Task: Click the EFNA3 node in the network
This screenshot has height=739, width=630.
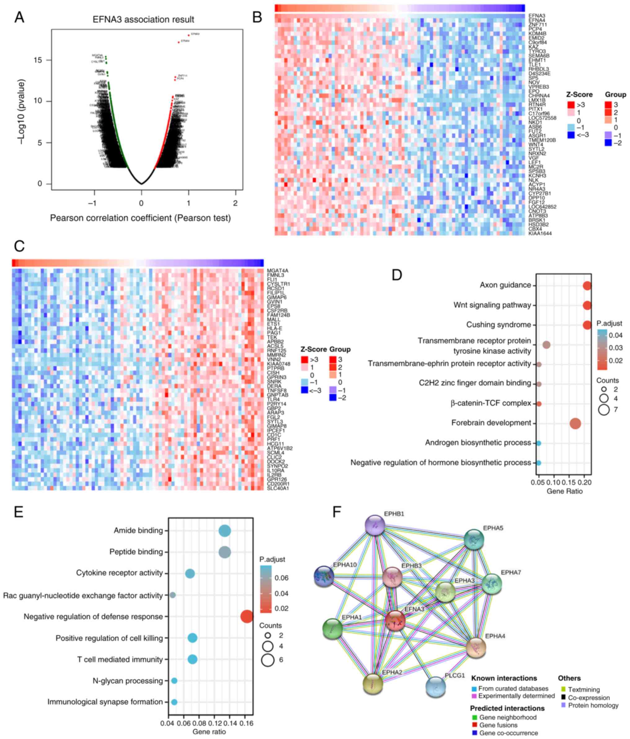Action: coord(395,620)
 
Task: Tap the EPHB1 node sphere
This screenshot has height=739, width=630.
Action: coord(375,525)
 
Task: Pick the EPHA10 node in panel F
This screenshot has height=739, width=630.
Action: coord(324,576)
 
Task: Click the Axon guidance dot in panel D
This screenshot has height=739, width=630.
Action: coord(587,286)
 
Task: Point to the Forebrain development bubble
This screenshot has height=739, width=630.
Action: coord(575,423)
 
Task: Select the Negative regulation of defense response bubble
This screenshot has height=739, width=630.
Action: coord(247,616)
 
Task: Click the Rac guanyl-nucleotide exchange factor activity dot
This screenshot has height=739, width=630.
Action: coord(172,595)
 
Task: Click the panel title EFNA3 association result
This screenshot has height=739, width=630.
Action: coord(143,20)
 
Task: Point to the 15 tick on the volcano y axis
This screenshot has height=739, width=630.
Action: coord(38,60)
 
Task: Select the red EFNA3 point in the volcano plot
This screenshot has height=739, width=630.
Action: coord(189,35)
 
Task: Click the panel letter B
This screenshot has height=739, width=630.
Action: coord(257,17)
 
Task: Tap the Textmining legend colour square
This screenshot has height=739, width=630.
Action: coord(564,689)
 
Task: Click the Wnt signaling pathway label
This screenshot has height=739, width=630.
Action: coord(492,305)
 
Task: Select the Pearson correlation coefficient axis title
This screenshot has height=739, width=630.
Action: coord(140,218)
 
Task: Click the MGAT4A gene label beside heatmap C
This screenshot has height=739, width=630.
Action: coord(277,271)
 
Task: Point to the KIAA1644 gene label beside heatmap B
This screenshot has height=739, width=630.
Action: coord(540,233)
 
